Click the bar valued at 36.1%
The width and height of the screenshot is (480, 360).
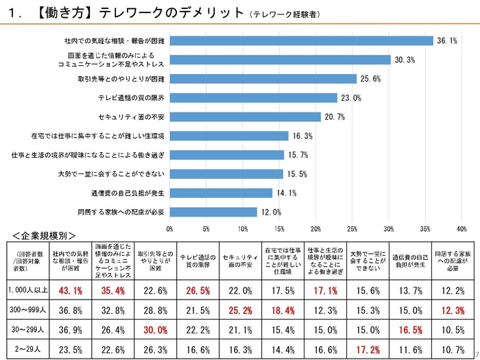(301, 40)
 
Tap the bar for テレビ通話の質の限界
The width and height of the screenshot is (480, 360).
(253, 98)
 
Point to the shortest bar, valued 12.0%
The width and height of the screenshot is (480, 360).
(213, 212)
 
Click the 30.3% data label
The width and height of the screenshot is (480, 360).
(405, 60)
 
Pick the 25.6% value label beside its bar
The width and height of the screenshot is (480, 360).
(370, 79)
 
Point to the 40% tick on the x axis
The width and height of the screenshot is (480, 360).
(461, 228)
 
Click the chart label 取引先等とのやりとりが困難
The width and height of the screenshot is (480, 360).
(121, 79)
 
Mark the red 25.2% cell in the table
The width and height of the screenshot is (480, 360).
(239, 310)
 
